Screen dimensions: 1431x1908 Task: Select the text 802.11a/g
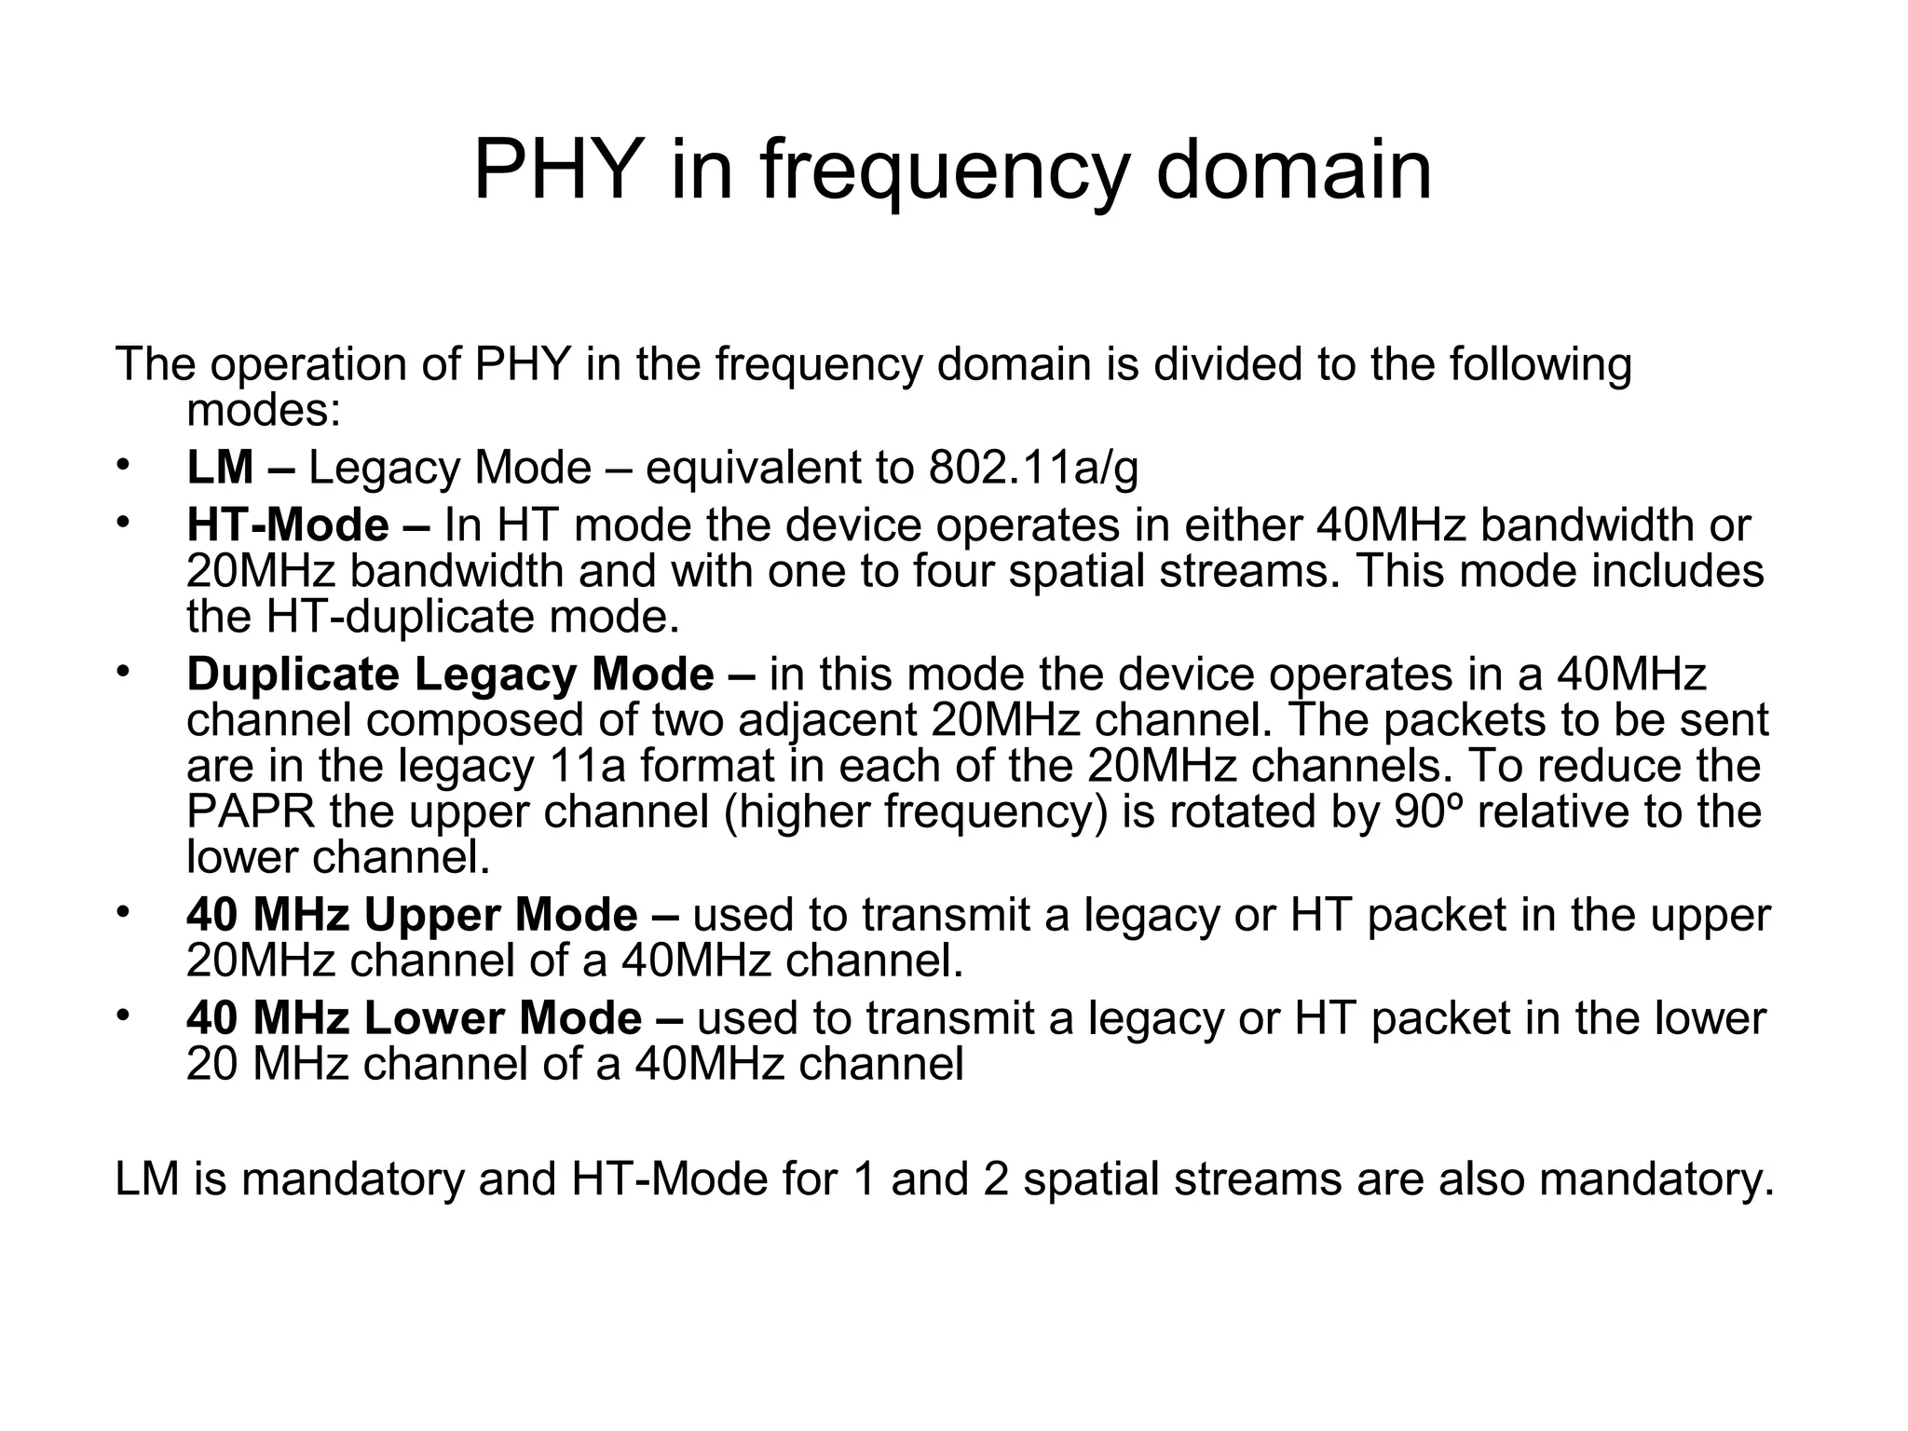[1033, 468]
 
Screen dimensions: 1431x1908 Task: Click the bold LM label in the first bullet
[220, 468]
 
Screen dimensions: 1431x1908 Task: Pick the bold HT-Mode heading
[288, 525]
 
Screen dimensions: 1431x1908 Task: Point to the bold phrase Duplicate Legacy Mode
[450, 675]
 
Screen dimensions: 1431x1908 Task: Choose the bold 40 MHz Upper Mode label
[412, 915]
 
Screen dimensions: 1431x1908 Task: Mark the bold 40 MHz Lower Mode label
[414, 1017]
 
